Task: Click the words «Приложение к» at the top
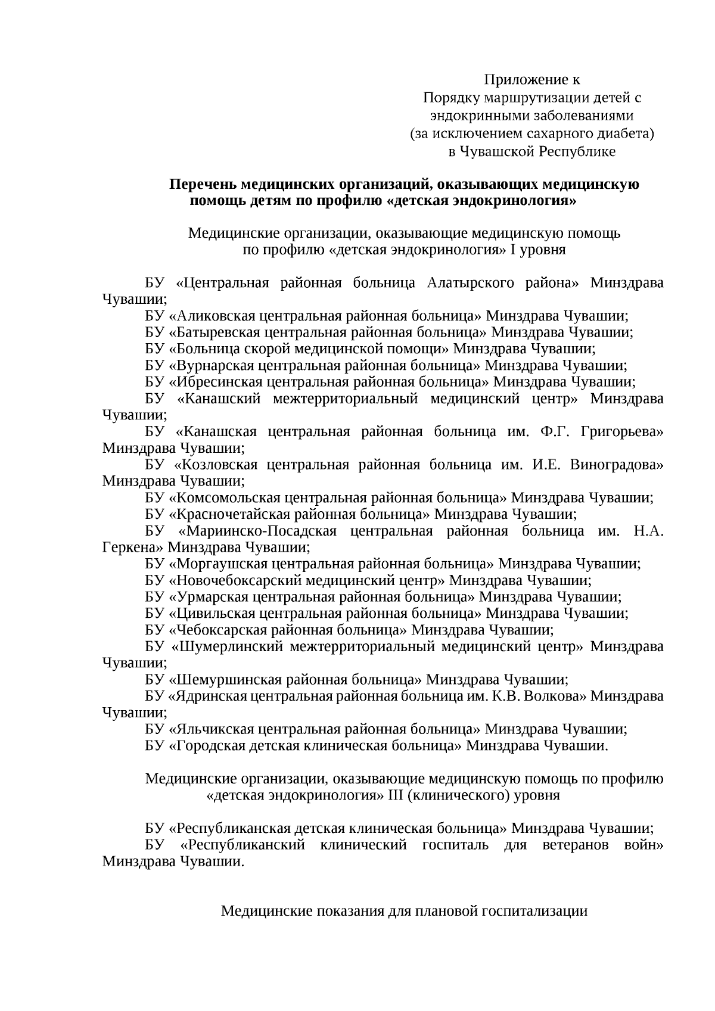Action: [531, 80]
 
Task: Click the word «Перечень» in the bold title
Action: [201, 184]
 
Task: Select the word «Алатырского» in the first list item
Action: [471, 282]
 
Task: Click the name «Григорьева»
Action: [622, 432]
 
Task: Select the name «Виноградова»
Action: [617, 465]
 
